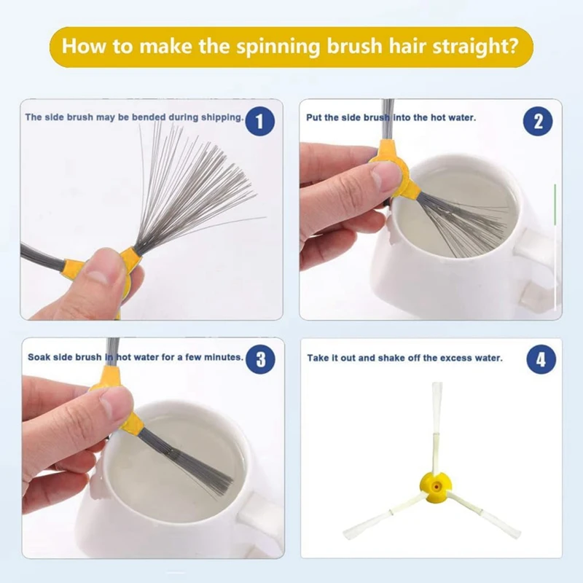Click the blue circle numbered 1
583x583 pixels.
(260, 121)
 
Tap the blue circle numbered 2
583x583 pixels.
(538, 121)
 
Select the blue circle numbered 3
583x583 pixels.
(261, 359)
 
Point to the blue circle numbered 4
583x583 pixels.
(541, 359)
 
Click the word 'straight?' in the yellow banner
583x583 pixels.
(475, 46)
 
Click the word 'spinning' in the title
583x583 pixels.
(278, 47)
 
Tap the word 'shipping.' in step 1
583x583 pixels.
(222, 117)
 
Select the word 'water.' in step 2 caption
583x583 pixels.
(463, 117)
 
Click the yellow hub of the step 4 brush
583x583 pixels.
(436, 485)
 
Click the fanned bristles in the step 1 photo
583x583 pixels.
(193, 186)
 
